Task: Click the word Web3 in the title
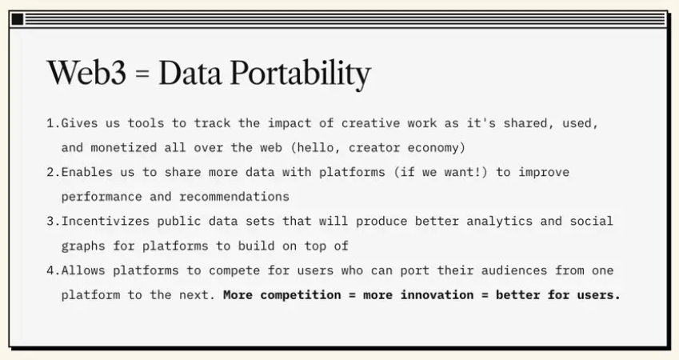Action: pos(86,73)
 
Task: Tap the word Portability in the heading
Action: pos(300,74)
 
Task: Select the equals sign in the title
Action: pos(142,74)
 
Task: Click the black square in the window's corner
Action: pos(18,19)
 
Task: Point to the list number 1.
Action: pos(51,123)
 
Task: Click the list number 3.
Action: pos(51,222)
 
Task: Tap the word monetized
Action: pos(124,148)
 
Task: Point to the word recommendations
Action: pos(234,197)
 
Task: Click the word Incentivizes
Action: pos(106,222)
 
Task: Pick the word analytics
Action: pos(499,222)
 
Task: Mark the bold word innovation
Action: pos(437,295)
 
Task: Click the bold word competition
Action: pos(301,295)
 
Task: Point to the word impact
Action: pos(290,124)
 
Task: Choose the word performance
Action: pos(102,197)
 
